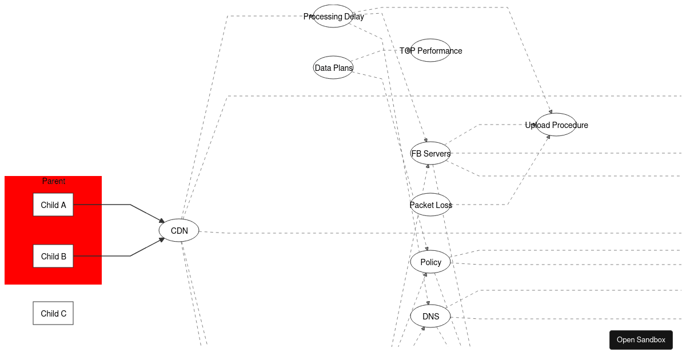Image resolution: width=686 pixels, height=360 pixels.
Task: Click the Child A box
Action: click(53, 205)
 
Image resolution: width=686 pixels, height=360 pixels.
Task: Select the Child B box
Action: click(53, 256)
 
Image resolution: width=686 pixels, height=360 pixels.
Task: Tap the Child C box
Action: click(53, 313)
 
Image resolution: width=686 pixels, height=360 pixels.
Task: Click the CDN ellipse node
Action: click(179, 230)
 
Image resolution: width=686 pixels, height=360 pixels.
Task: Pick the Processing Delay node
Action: click(333, 16)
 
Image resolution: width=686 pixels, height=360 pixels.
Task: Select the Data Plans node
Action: click(333, 67)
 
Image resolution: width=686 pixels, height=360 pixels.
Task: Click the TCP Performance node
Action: click(430, 50)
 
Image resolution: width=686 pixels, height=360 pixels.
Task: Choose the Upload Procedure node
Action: click(556, 125)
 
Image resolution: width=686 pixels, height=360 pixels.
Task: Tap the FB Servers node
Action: click(430, 153)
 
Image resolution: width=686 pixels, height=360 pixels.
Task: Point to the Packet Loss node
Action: click(430, 205)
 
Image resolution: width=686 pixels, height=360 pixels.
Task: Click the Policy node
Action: click(430, 262)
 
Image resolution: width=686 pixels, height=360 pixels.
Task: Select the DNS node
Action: click(430, 316)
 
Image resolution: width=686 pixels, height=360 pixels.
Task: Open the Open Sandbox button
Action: click(641, 339)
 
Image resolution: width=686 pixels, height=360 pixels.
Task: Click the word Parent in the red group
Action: click(53, 181)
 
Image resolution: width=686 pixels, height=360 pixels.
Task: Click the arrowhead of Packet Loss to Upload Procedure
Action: click(548, 137)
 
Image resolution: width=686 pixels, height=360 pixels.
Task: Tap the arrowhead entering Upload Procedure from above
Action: click(551, 112)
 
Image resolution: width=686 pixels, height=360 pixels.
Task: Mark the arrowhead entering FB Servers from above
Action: click(425, 140)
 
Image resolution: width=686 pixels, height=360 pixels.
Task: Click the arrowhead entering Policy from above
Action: click(426, 249)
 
